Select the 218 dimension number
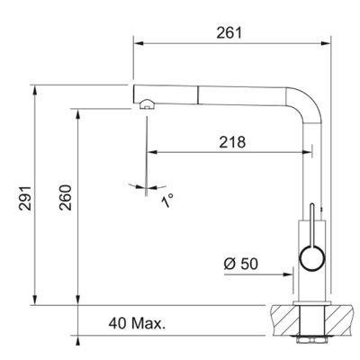click(x=230, y=141)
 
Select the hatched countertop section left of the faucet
click(x=286, y=318)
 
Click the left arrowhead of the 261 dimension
click(x=137, y=42)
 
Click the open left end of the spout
click(x=136, y=94)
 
